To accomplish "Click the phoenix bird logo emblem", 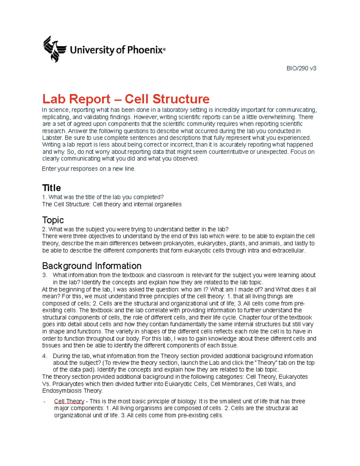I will tap(54, 49).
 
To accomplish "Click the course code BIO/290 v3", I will tap(301, 68).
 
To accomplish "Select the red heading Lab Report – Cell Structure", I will tap(126, 99).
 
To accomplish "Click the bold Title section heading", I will tap(51, 188).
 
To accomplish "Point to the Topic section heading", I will tap(53, 220).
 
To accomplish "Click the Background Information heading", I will tap(91, 266).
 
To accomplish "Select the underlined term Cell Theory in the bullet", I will tap(69, 401).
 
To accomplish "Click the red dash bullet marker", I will tap(44, 401).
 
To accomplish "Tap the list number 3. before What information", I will tap(45, 275).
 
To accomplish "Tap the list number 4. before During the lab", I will tap(45, 356).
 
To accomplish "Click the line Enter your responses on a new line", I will tap(88, 169).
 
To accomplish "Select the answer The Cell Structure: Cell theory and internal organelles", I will tap(112, 204).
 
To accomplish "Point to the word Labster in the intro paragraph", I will tap(52, 138).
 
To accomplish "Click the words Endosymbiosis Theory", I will tap(72, 391).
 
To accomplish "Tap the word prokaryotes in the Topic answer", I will tap(179, 243).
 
